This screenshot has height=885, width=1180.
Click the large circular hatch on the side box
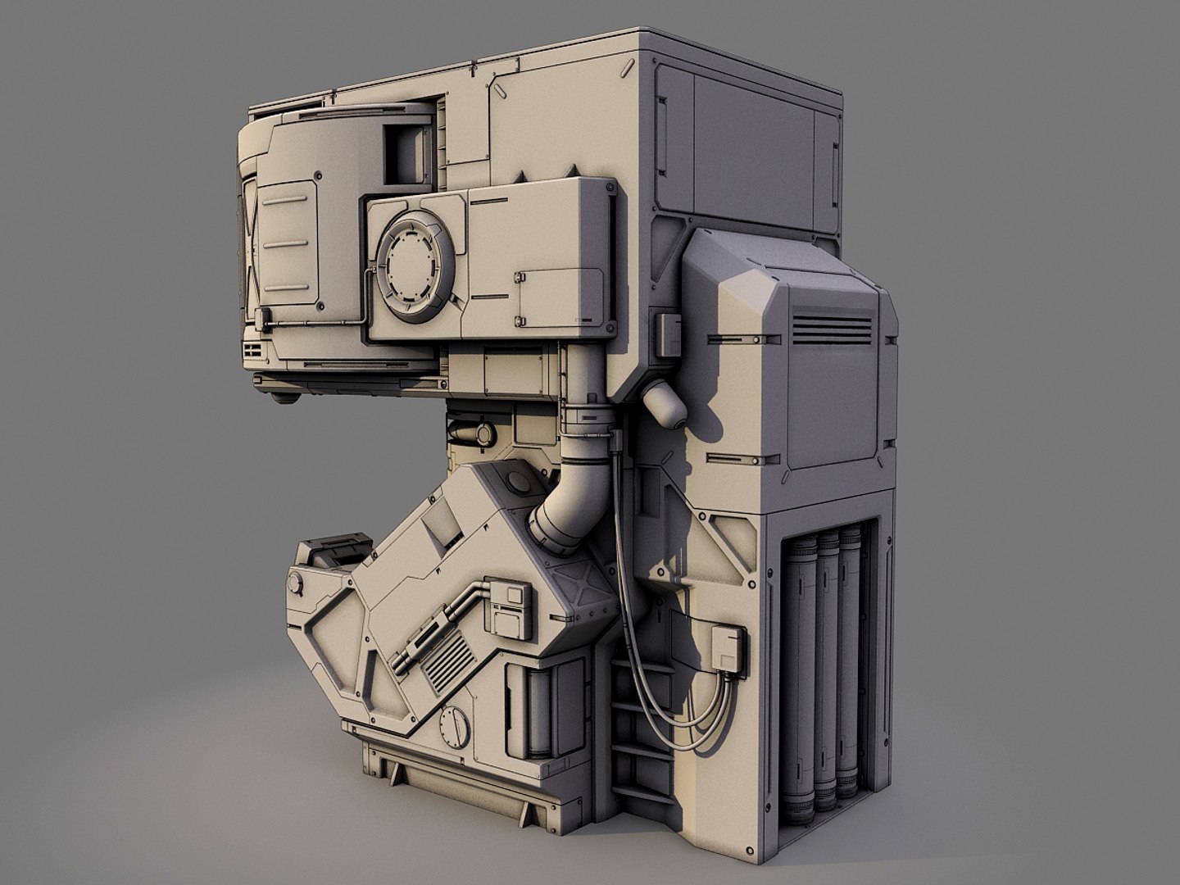coord(415,265)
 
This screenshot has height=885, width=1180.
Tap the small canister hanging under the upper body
coord(665,403)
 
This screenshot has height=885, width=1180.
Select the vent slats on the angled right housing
coord(831,329)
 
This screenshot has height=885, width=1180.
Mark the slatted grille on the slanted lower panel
coord(447,660)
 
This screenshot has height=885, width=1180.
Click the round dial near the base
coord(454,725)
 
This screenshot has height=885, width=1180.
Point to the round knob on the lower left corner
coord(294,584)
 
